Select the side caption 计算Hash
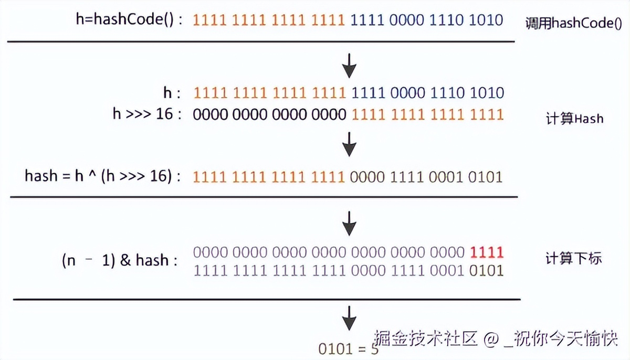coord(574,119)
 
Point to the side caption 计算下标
coord(574,259)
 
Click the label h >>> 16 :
coord(147,114)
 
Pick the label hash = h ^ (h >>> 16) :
coord(103,176)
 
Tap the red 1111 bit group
coord(487,253)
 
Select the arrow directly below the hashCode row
coord(349,65)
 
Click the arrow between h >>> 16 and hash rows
coord(349,144)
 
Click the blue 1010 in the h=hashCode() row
coord(486,20)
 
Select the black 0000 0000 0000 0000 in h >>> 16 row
coord(269,114)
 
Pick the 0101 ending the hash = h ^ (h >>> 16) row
coord(485,176)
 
